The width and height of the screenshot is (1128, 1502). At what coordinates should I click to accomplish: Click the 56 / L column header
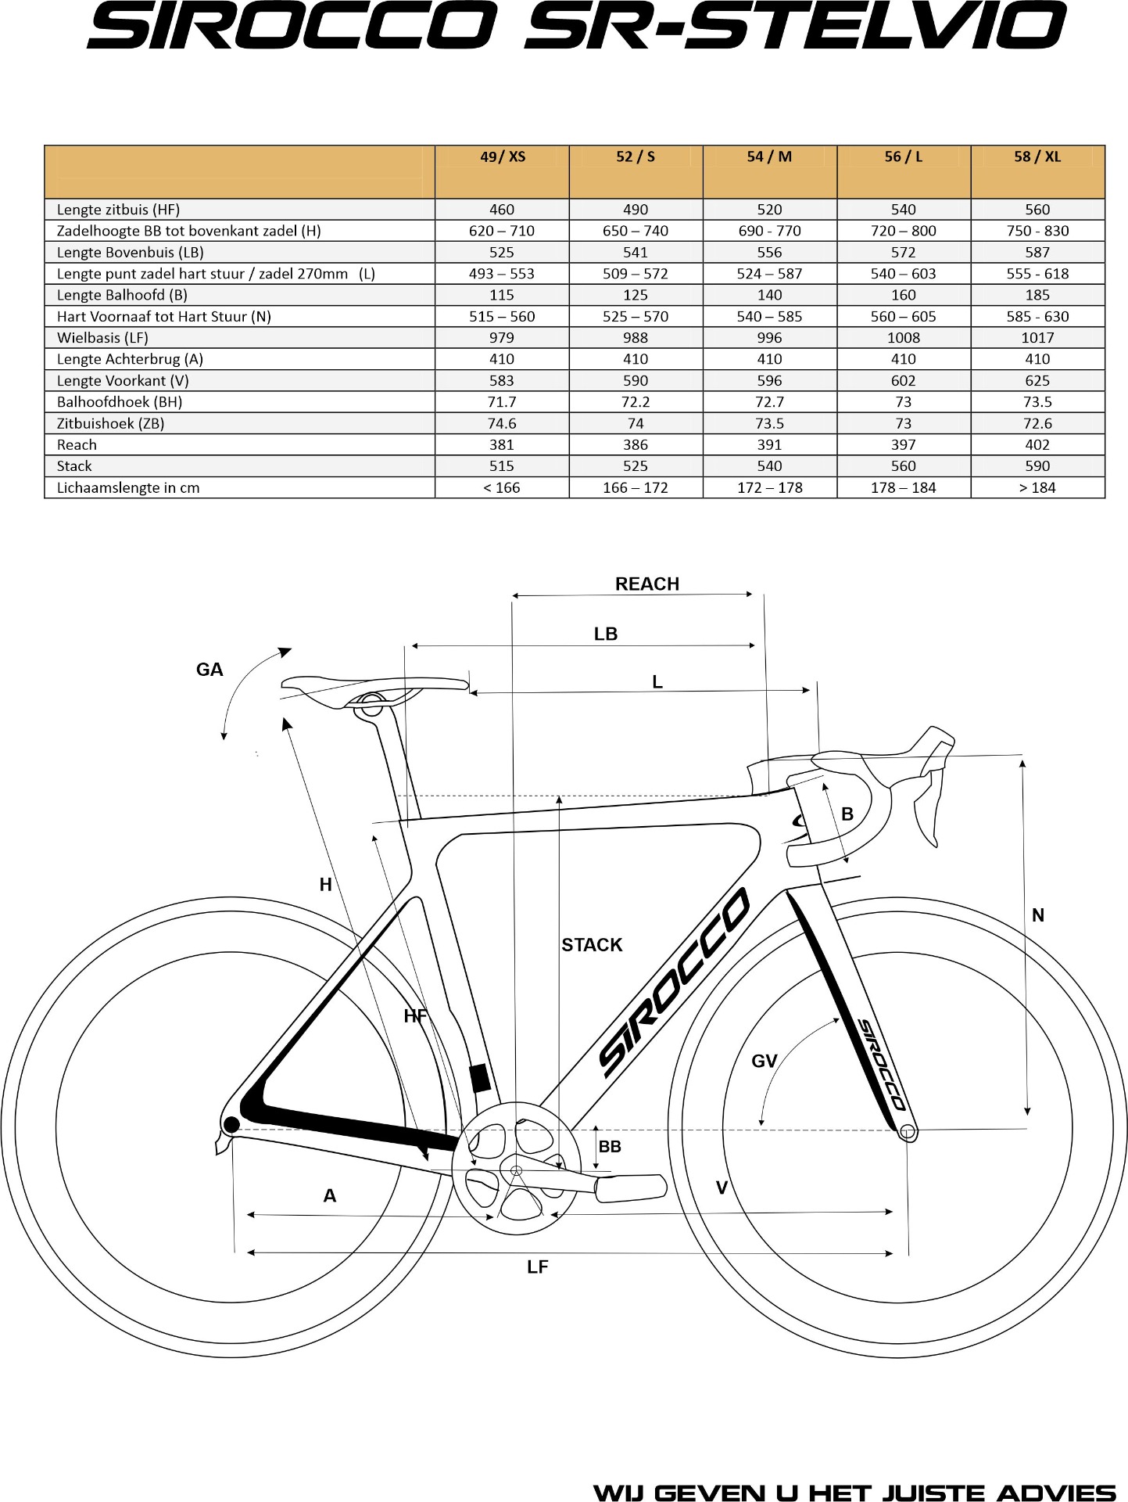pyautogui.click(x=903, y=157)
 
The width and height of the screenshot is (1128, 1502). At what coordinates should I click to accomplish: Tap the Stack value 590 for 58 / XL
pyautogui.click(x=1037, y=466)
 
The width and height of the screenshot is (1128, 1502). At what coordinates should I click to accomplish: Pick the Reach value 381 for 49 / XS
pyautogui.click(x=501, y=445)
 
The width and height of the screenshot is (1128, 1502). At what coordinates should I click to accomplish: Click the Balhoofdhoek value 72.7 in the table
pyautogui.click(x=769, y=402)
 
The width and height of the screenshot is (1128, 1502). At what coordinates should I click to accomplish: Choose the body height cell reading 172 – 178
pyautogui.click(x=769, y=488)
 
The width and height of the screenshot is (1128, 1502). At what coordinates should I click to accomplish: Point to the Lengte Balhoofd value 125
pyautogui.click(x=635, y=295)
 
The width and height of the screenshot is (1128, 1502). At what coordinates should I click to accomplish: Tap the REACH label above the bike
pyautogui.click(x=647, y=584)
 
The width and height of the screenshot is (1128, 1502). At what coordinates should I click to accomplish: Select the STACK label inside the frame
pyautogui.click(x=592, y=945)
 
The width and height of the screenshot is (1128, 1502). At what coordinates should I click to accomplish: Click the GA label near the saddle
pyautogui.click(x=209, y=670)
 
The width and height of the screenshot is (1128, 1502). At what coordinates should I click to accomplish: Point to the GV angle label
pyautogui.click(x=764, y=1062)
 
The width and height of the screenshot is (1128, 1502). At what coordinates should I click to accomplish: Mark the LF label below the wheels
pyautogui.click(x=537, y=1267)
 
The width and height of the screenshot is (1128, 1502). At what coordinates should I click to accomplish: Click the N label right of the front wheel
pyautogui.click(x=1037, y=915)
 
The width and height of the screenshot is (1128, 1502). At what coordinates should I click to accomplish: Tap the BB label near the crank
pyautogui.click(x=610, y=1147)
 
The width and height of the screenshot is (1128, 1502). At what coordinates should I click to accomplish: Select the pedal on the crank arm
pyautogui.click(x=631, y=1188)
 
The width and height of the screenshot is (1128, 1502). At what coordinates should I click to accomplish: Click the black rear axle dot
pyautogui.click(x=231, y=1125)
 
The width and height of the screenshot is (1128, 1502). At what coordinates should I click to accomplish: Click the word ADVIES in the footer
pyautogui.click(x=1057, y=1493)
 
